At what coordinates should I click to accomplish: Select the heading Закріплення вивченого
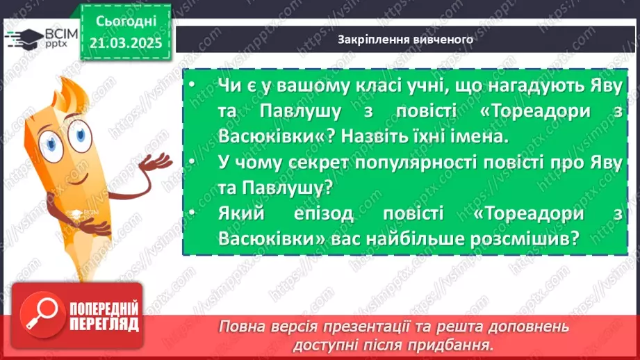point(405,40)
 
